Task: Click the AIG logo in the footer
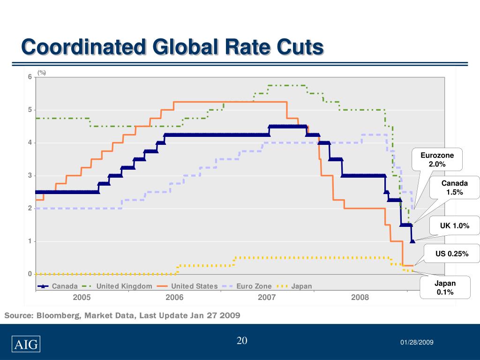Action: (26, 345)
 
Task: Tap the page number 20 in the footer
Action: (242, 341)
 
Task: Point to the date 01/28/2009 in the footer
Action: (417, 343)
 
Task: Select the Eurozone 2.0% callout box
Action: (437, 159)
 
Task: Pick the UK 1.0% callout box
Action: (454, 226)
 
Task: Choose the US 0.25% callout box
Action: (452, 254)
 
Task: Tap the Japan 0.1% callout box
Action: (444, 288)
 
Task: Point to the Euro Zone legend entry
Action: (254, 286)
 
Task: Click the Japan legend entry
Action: (301, 286)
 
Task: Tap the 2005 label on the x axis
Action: (82, 297)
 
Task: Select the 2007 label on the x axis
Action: (267, 297)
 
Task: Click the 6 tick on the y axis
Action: (29, 77)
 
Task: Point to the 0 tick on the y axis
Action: (29, 274)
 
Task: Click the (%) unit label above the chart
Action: (42, 73)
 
